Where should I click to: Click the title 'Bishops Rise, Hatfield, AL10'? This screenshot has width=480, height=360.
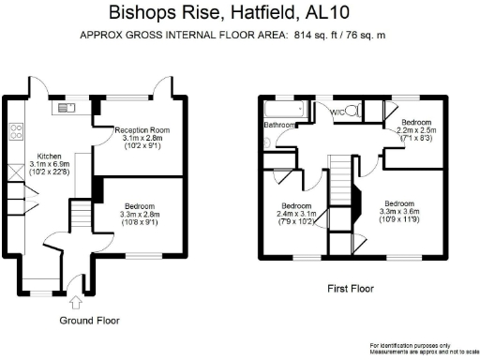(x=239, y=13)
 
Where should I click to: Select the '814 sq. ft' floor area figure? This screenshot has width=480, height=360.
(x=316, y=37)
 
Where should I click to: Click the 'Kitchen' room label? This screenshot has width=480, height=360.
(x=49, y=156)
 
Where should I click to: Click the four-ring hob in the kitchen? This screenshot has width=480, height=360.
(x=15, y=130)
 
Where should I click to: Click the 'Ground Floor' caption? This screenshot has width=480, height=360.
(x=89, y=320)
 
